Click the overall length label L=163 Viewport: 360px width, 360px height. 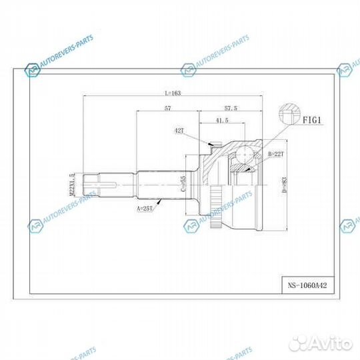[x=171, y=93]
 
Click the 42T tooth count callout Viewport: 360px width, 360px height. [x=179, y=132]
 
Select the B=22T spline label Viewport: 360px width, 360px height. [x=275, y=154]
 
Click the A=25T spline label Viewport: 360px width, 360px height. [x=145, y=208]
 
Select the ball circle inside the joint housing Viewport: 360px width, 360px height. [x=244, y=157]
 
